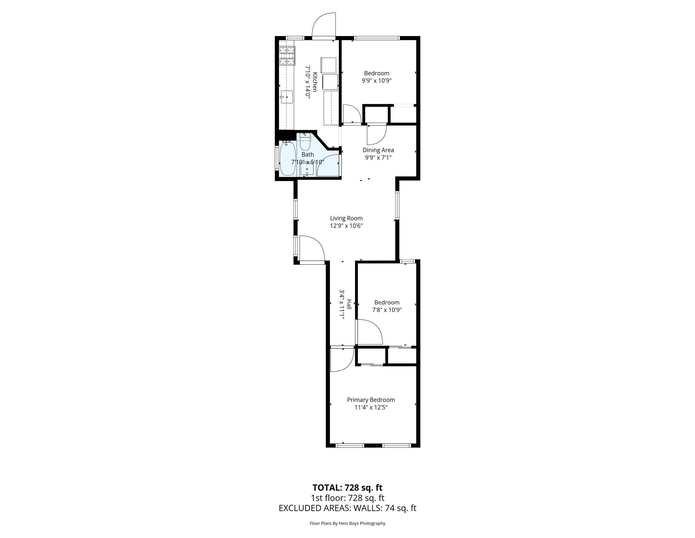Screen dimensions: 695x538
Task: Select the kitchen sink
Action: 64,97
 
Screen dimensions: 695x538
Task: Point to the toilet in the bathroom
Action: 305,143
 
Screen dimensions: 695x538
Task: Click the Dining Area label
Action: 378,150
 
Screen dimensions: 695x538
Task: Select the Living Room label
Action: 346,218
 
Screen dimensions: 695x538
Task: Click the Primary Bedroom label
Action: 371,400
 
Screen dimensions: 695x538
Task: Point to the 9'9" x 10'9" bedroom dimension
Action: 377,81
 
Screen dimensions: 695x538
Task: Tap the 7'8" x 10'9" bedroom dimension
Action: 387,310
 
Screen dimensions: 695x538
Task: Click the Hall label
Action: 349,305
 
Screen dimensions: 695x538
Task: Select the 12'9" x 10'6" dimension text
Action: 346,226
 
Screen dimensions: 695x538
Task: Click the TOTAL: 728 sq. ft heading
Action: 347,488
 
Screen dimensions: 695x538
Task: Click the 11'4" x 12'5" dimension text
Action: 371,407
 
